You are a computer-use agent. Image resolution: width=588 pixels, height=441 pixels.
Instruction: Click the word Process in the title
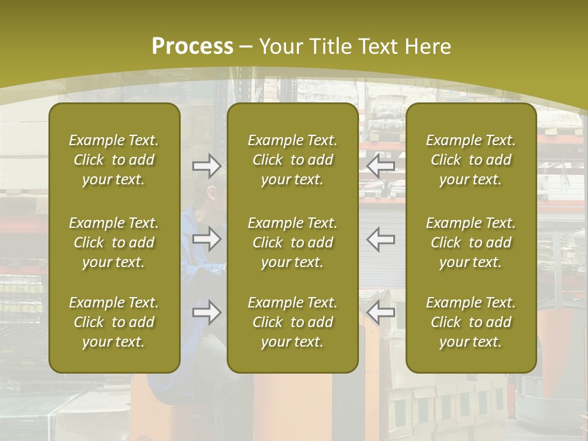click(192, 47)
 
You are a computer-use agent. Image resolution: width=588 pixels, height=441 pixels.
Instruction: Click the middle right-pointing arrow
click(206, 238)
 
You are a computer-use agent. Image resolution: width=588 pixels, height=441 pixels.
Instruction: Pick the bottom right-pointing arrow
click(206, 312)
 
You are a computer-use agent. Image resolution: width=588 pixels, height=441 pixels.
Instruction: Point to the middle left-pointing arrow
click(381, 238)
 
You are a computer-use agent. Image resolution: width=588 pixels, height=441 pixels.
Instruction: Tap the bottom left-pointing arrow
click(381, 312)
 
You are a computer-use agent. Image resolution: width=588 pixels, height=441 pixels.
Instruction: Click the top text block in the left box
click(114, 160)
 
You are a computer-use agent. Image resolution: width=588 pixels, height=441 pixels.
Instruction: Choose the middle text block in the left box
click(114, 243)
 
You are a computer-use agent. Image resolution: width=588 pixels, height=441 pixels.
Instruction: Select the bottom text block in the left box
click(114, 322)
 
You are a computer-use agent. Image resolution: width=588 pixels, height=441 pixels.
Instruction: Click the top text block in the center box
click(292, 160)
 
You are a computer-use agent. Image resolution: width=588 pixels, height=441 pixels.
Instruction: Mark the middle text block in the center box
click(292, 243)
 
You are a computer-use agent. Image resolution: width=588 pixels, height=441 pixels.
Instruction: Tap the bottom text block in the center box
click(292, 322)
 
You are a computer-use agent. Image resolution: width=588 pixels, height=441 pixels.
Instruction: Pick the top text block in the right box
click(470, 160)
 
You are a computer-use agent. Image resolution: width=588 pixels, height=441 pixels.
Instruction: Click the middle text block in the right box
click(470, 243)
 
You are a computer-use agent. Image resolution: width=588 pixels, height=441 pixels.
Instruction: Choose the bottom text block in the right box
click(470, 322)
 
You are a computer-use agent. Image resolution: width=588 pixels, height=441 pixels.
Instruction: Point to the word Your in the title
click(280, 47)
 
